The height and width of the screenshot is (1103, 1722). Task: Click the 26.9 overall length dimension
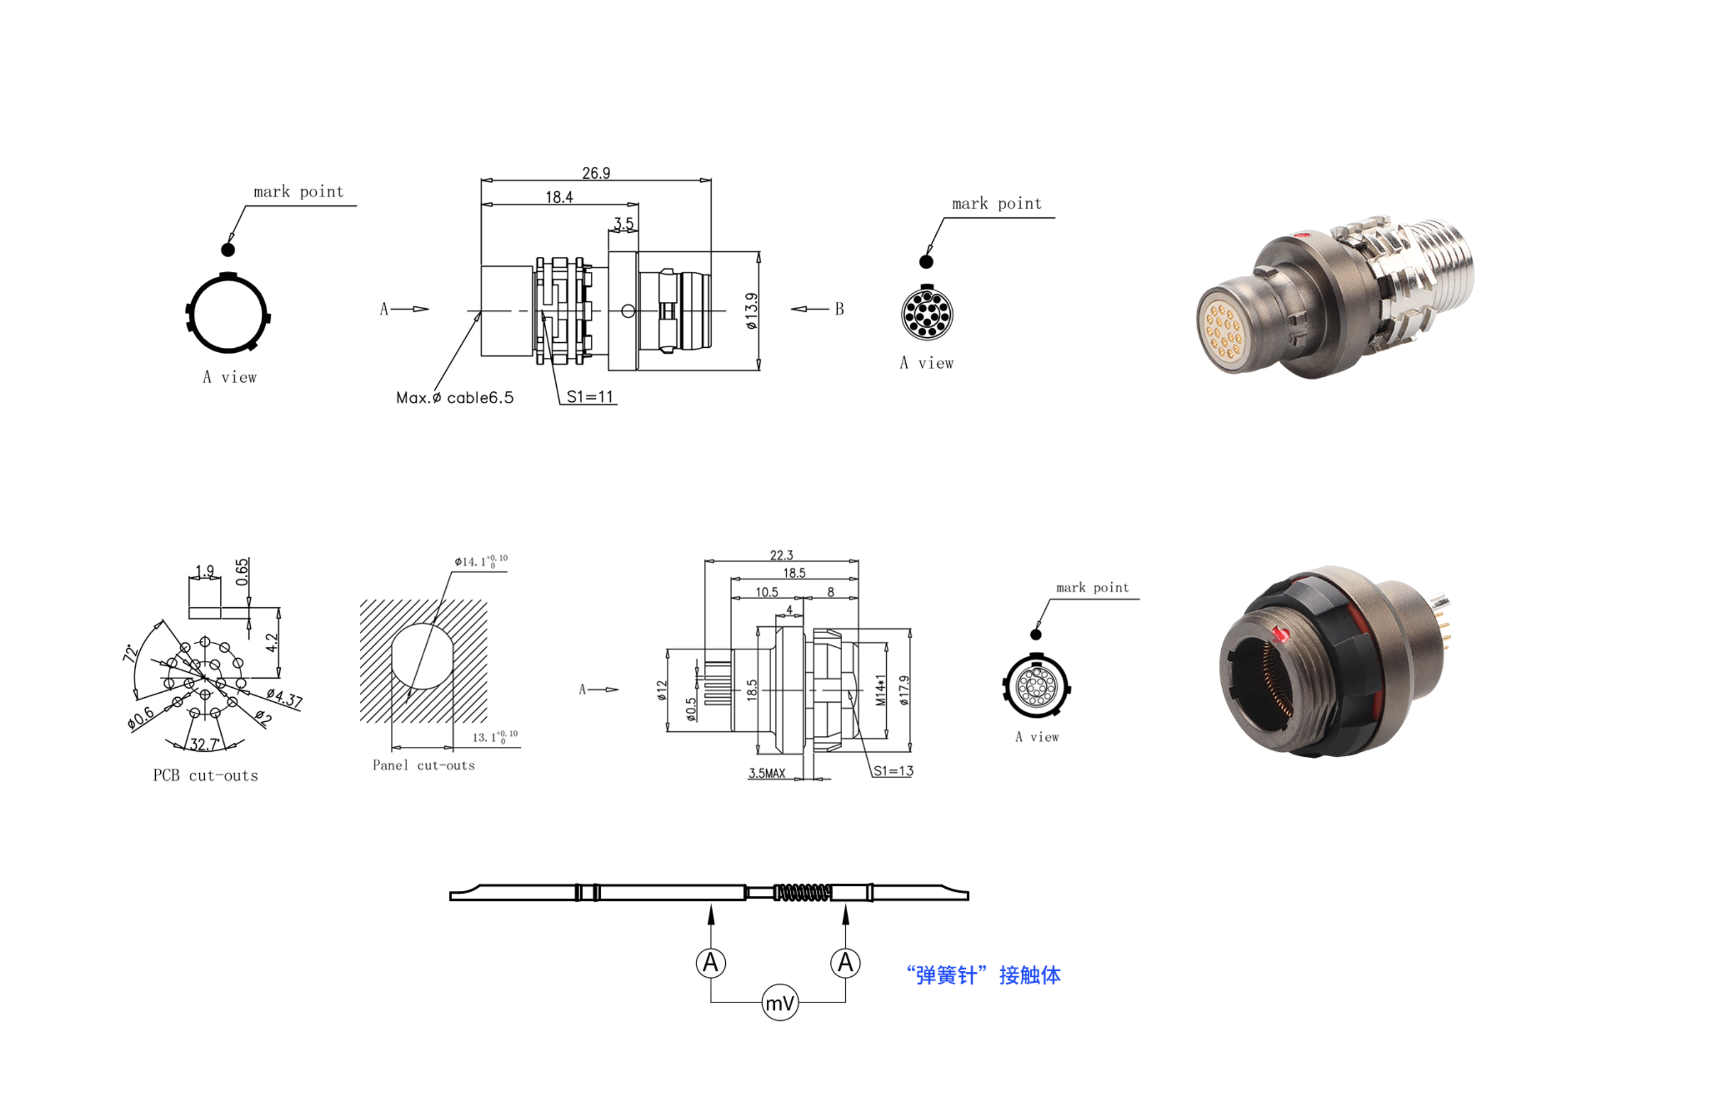tap(596, 174)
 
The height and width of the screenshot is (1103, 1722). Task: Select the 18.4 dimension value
tap(559, 197)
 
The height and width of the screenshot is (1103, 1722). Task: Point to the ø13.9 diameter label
tap(750, 311)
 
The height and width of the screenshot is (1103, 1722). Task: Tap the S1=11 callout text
tap(590, 397)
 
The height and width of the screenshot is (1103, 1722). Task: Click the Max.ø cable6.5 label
tap(455, 397)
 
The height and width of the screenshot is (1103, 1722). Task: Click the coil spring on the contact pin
tap(802, 893)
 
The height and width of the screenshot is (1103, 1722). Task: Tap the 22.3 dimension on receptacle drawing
tap(782, 555)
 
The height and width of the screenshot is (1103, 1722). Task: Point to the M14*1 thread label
tap(881, 690)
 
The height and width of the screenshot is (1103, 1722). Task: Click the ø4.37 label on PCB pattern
tap(284, 698)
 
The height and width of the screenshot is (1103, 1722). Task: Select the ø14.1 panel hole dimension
tap(481, 561)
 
